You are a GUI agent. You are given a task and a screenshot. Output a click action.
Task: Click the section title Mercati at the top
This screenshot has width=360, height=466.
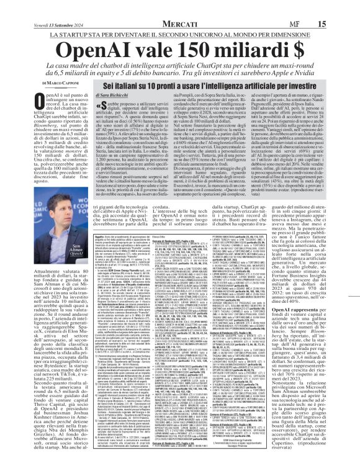click(x=180, y=6)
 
